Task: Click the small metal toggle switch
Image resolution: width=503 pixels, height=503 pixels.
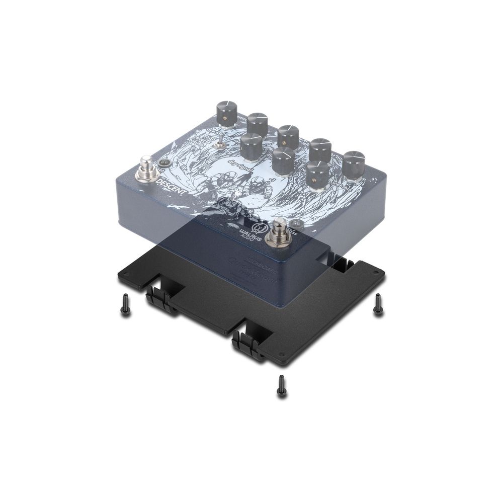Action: (219, 142)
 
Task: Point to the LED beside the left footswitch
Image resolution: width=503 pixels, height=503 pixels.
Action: (163, 163)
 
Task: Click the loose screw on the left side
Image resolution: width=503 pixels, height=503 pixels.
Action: (124, 304)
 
